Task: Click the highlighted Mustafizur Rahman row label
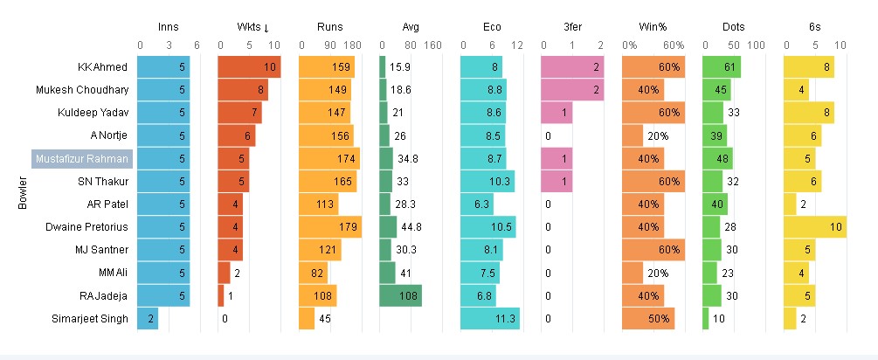click(x=81, y=158)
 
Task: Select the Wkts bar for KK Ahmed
click(x=249, y=67)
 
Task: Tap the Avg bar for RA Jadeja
click(x=400, y=295)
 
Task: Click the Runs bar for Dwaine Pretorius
click(x=330, y=227)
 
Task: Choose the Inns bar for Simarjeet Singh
click(x=148, y=318)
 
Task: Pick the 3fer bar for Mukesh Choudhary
click(x=572, y=90)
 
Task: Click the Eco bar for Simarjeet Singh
click(x=489, y=318)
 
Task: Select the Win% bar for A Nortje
click(x=633, y=135)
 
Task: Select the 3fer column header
click(x=572, y=27)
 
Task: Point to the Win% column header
click(x=653, y=27)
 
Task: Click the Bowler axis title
click(x=23, y=193)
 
